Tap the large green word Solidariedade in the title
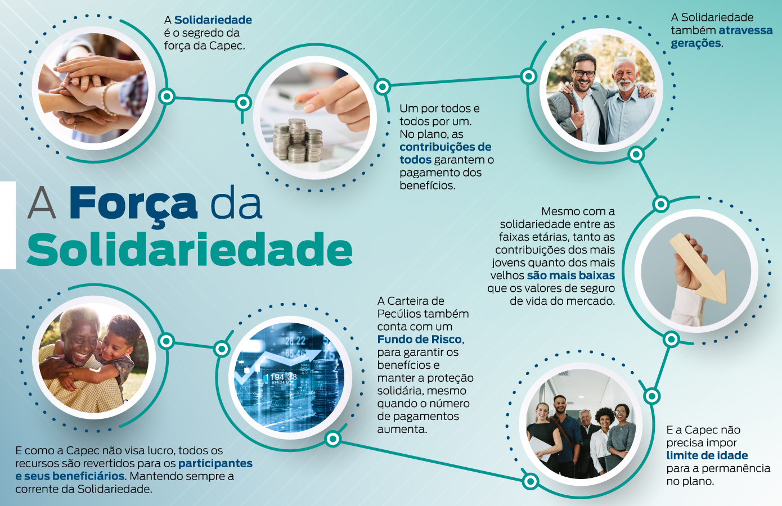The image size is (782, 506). point(190,250)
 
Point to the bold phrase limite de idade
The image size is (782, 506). point(707,455)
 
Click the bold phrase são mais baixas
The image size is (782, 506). point(571,275)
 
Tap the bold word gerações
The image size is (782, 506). point(696,43)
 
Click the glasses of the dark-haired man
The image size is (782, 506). point(584,73)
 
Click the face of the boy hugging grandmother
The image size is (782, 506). point(115,345)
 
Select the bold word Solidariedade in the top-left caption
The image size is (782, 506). point(213,20)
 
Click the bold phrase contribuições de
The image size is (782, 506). point(446,147)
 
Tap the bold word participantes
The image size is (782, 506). point(215,463)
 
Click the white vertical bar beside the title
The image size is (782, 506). point(8,225)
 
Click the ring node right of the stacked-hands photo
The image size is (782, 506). point(167,96)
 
